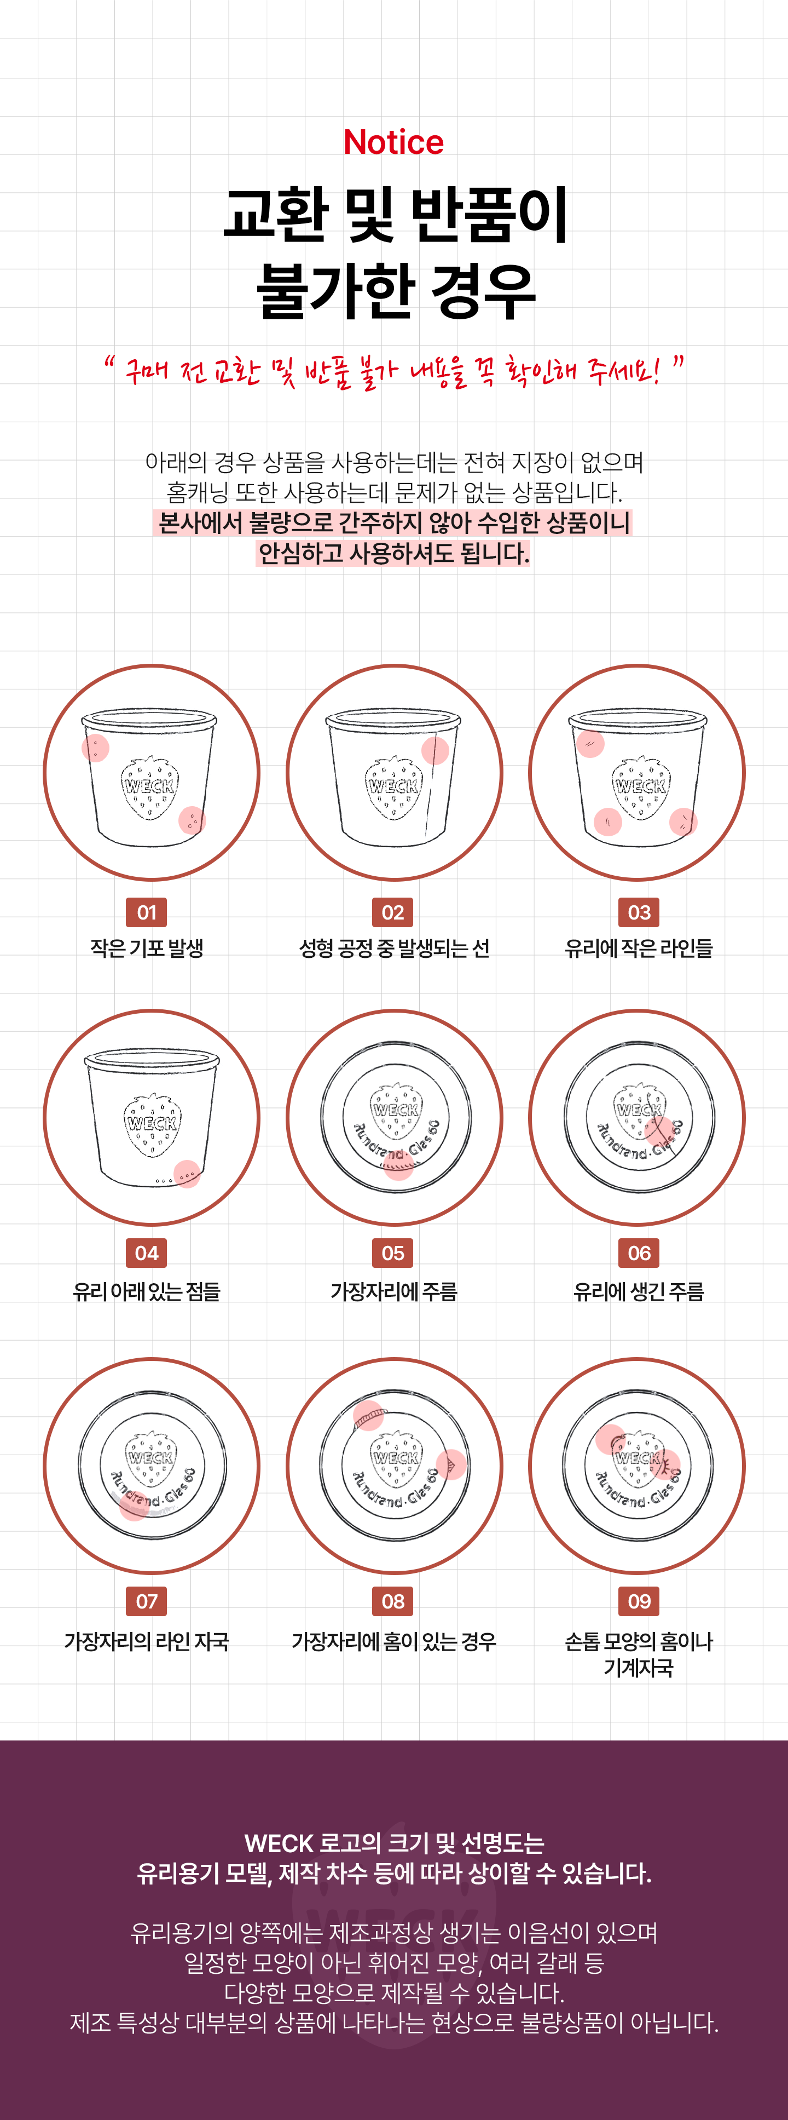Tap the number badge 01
tap(147, 912)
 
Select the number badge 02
tap(393, 912)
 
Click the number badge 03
tap(639, 912)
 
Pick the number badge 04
tap(147, 1253)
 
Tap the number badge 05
tap(393, 1253)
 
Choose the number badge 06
tap(639, 1253)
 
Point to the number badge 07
tap(147, 1601)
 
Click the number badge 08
tap(393, 1601)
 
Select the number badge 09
tap(639, 1601)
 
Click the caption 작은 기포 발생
tap(147, 948)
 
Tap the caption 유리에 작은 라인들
tap(639, 948)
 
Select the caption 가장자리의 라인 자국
tap(147, 1641)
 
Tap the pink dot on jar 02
tap(435, 750)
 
